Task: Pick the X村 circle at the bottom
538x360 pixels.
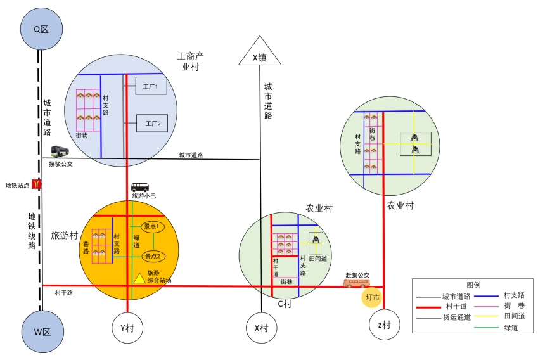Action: [x=261, y=328]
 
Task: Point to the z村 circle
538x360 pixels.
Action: [x=384, y=325]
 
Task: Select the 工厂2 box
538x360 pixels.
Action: [x=151, y=122]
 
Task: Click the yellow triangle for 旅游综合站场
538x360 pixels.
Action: [x=139, y=277]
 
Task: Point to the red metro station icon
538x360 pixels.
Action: [x=37, y=184]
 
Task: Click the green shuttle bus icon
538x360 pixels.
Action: [x=60, y=151]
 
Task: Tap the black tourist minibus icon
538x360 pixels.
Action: [x=140, y=187]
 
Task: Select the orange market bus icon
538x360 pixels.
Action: [x=356, y=283]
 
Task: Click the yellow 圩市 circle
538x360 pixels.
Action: [x=372, y=297]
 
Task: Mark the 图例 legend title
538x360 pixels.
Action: [x=473, y=285]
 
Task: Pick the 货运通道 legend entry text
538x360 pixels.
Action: [x=456, y=317]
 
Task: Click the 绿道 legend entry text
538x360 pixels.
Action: [x=511, y=328]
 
